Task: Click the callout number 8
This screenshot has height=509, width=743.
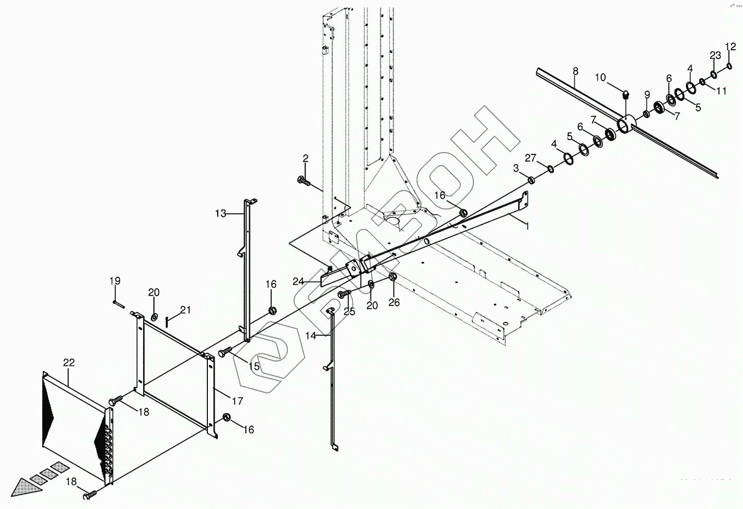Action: (575, 70)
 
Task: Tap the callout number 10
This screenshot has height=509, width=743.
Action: (600, 78)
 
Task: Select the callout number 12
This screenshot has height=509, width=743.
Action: (731, 47)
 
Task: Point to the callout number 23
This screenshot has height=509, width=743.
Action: (715, 56)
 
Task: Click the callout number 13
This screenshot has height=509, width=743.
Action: (221, 213)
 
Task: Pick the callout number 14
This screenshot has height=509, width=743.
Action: (310, 336)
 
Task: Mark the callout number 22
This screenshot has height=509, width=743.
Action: (69, 363)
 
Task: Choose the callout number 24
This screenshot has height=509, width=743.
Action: (298, 281)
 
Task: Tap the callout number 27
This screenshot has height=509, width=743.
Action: (530, 157)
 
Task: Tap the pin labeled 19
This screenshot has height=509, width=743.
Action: (118, 303)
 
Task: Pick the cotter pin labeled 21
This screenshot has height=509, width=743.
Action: (168, 322)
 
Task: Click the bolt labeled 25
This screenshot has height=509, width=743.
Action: (344, 294)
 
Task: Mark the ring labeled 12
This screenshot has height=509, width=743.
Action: (730, 65)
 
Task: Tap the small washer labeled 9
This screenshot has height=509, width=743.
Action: (646, 113)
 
